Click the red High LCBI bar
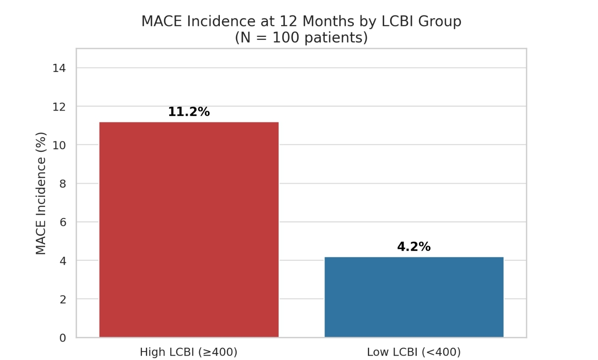(x=189, y=230)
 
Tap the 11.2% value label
(x=189, y=112)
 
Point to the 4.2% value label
(x=414, y=247)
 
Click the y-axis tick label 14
(x=59, y=68)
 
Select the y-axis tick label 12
(x=59, y=107)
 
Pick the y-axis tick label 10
(x=59, y=145)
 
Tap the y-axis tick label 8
(x=63, y=184)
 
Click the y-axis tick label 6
(x=63, y=222)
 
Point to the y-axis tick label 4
(x=63, y=261)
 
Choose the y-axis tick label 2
(x=63, y=300)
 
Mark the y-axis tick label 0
(x=63, y=338)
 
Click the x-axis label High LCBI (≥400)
(x=188, y=352)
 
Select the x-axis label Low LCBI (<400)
(x=414, y=352)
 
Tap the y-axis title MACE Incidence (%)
(x=41, y=194)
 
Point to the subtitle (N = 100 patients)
(x=301, y=38)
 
